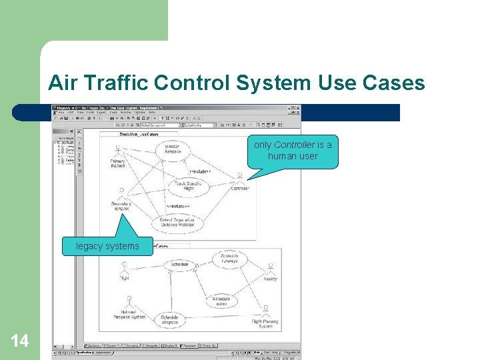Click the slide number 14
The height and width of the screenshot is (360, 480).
point(20,341)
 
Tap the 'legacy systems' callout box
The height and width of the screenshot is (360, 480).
point(107,247)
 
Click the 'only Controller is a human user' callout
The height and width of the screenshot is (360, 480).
point(293,151)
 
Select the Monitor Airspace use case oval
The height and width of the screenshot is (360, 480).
point(173,149)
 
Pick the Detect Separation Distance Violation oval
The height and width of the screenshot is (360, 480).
point(177,223)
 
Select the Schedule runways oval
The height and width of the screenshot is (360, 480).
point(229,259)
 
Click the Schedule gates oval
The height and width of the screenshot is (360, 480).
point(221,301)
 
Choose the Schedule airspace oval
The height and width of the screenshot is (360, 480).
point(170,320)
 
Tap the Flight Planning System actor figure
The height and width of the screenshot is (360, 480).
point(265,311)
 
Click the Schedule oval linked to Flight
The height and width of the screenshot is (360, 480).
point(180,265)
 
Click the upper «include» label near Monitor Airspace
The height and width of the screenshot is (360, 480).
point(200,171)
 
